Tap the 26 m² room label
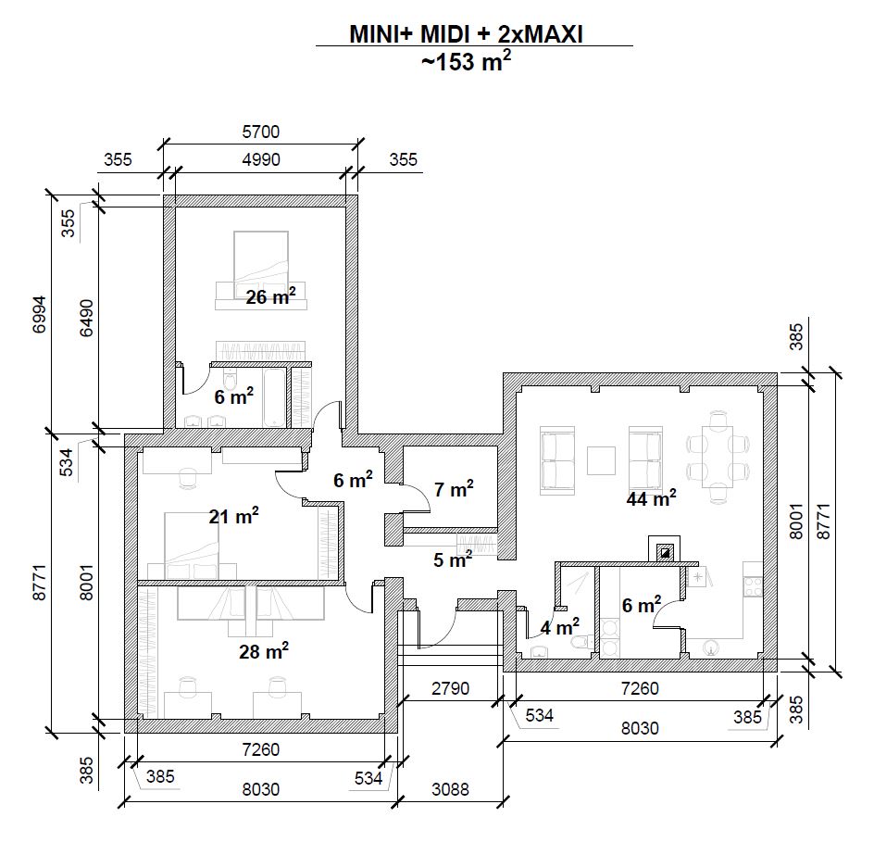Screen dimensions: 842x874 coord(270,296)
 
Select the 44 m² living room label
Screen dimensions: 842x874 coord(651,498)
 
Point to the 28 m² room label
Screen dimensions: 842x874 coord(264,651)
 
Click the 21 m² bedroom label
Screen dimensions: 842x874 coord(233,516)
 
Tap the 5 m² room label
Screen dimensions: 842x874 coord(453,559)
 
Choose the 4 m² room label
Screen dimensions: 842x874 coord(560,626)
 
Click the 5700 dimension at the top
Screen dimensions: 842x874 coord(260,132)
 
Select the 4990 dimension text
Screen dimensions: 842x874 coord(260,160)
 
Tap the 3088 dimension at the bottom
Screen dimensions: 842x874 coord(451,790)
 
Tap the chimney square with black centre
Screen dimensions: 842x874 coord(665,552)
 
